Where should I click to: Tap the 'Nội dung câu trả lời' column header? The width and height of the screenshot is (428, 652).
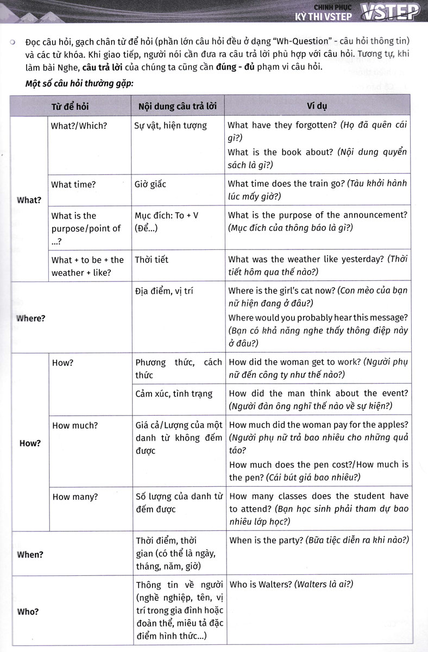[178, 106]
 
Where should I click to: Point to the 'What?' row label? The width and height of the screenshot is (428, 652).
[29, 200]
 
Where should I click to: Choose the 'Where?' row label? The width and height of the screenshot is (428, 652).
[32, 318]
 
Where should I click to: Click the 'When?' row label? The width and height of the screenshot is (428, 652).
[30, 555]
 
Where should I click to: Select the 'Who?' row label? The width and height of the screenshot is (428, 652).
[28, 612]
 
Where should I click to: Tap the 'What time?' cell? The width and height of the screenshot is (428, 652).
[73, 185]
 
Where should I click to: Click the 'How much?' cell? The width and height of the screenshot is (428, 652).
[75, 425]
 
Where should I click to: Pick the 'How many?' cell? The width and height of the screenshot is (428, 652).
[75, 497]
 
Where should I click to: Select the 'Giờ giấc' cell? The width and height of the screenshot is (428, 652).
[150, 185]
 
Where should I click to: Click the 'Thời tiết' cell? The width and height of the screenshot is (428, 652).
[152, 260]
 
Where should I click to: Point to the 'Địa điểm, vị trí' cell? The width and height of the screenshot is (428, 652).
[164, 291]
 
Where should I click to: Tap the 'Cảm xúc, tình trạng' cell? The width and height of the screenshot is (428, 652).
[174, 393]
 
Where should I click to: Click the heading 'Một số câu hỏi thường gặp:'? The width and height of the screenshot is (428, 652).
[79, 84]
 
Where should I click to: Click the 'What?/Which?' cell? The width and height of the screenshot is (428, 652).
[79, 126]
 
